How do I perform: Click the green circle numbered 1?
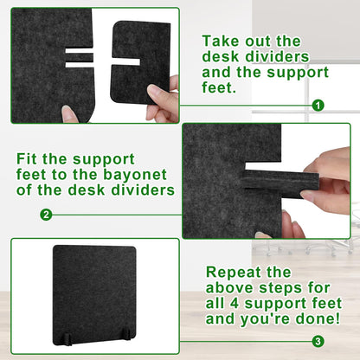(318, 106)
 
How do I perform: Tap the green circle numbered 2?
(46, 215)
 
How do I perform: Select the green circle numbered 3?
(318, 342)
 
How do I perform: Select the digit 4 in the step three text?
(234, 304)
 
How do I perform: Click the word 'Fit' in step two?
(27, 159)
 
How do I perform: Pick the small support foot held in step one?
(140, 62)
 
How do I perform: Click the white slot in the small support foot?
(126, 61)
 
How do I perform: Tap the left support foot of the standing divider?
(68, 339)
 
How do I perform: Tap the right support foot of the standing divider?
(125, 334)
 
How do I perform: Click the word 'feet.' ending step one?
(219, 87)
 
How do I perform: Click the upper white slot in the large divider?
(80, 51)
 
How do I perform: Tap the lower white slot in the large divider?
(80, 64)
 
